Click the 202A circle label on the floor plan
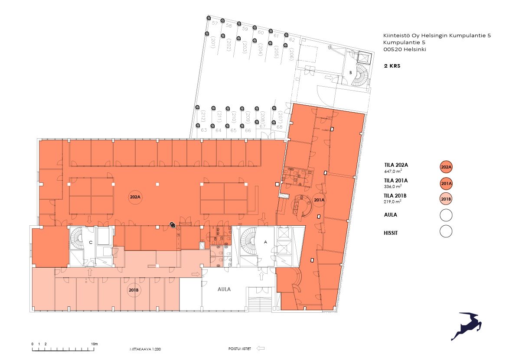[x=135, y=198]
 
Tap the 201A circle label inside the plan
[x=319, y=200]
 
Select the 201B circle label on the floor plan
[x=133, y=290]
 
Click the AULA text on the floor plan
[x=224, y=289]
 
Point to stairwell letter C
[x=91, y=243]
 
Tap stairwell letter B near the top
[x=350, y=73]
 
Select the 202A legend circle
[x=446, y=167]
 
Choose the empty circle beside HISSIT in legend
[x=446, y=231]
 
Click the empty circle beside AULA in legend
[x=446, y=215]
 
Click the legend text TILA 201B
[x=396, y=196]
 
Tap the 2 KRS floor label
[x=392, y=67]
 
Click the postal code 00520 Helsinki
[x=405, y=49]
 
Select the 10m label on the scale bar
[x=94, y=344]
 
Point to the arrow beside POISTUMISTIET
[x=261, y=348]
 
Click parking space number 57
[x=215, y=23]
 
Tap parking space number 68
[x=279, y=127]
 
